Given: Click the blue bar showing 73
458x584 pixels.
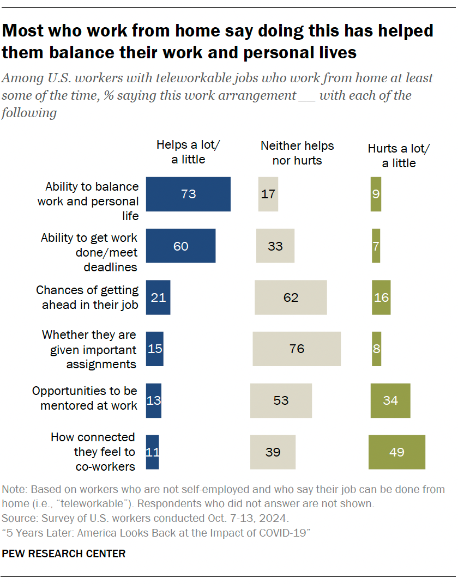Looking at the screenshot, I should [x=188, y=194].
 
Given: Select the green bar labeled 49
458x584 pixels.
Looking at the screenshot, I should [x=397, y=452].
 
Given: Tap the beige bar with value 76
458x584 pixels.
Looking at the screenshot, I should [x=297, y=349].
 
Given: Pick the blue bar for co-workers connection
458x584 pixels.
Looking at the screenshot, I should [x=153, y=452].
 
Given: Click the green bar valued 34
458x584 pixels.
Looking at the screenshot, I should [x=390, y=400].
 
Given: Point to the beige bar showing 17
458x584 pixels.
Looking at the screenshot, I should [x=268, y=194].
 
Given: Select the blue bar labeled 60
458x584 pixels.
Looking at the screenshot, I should [x=180, y=246].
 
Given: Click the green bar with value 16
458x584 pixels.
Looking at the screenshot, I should [x=381, y=297].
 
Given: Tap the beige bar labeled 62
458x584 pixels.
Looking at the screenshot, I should [x=291, y=297].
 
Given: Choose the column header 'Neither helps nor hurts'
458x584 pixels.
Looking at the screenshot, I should [x=297, y=153].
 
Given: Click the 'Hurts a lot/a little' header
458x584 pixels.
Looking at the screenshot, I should [x=399, y=156].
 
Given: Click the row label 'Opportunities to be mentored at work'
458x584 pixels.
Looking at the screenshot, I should [x=85, y=398].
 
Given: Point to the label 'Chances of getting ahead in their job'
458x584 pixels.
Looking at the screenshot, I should [x=87, y=297].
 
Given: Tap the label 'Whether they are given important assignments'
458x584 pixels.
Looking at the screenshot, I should [x=89, y=349].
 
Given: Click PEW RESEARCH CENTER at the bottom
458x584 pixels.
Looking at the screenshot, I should [x=64, y=553].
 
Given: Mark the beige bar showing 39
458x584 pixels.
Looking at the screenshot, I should [x=273, y=452].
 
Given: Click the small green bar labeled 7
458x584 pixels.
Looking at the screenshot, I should [x=376, y=246].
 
